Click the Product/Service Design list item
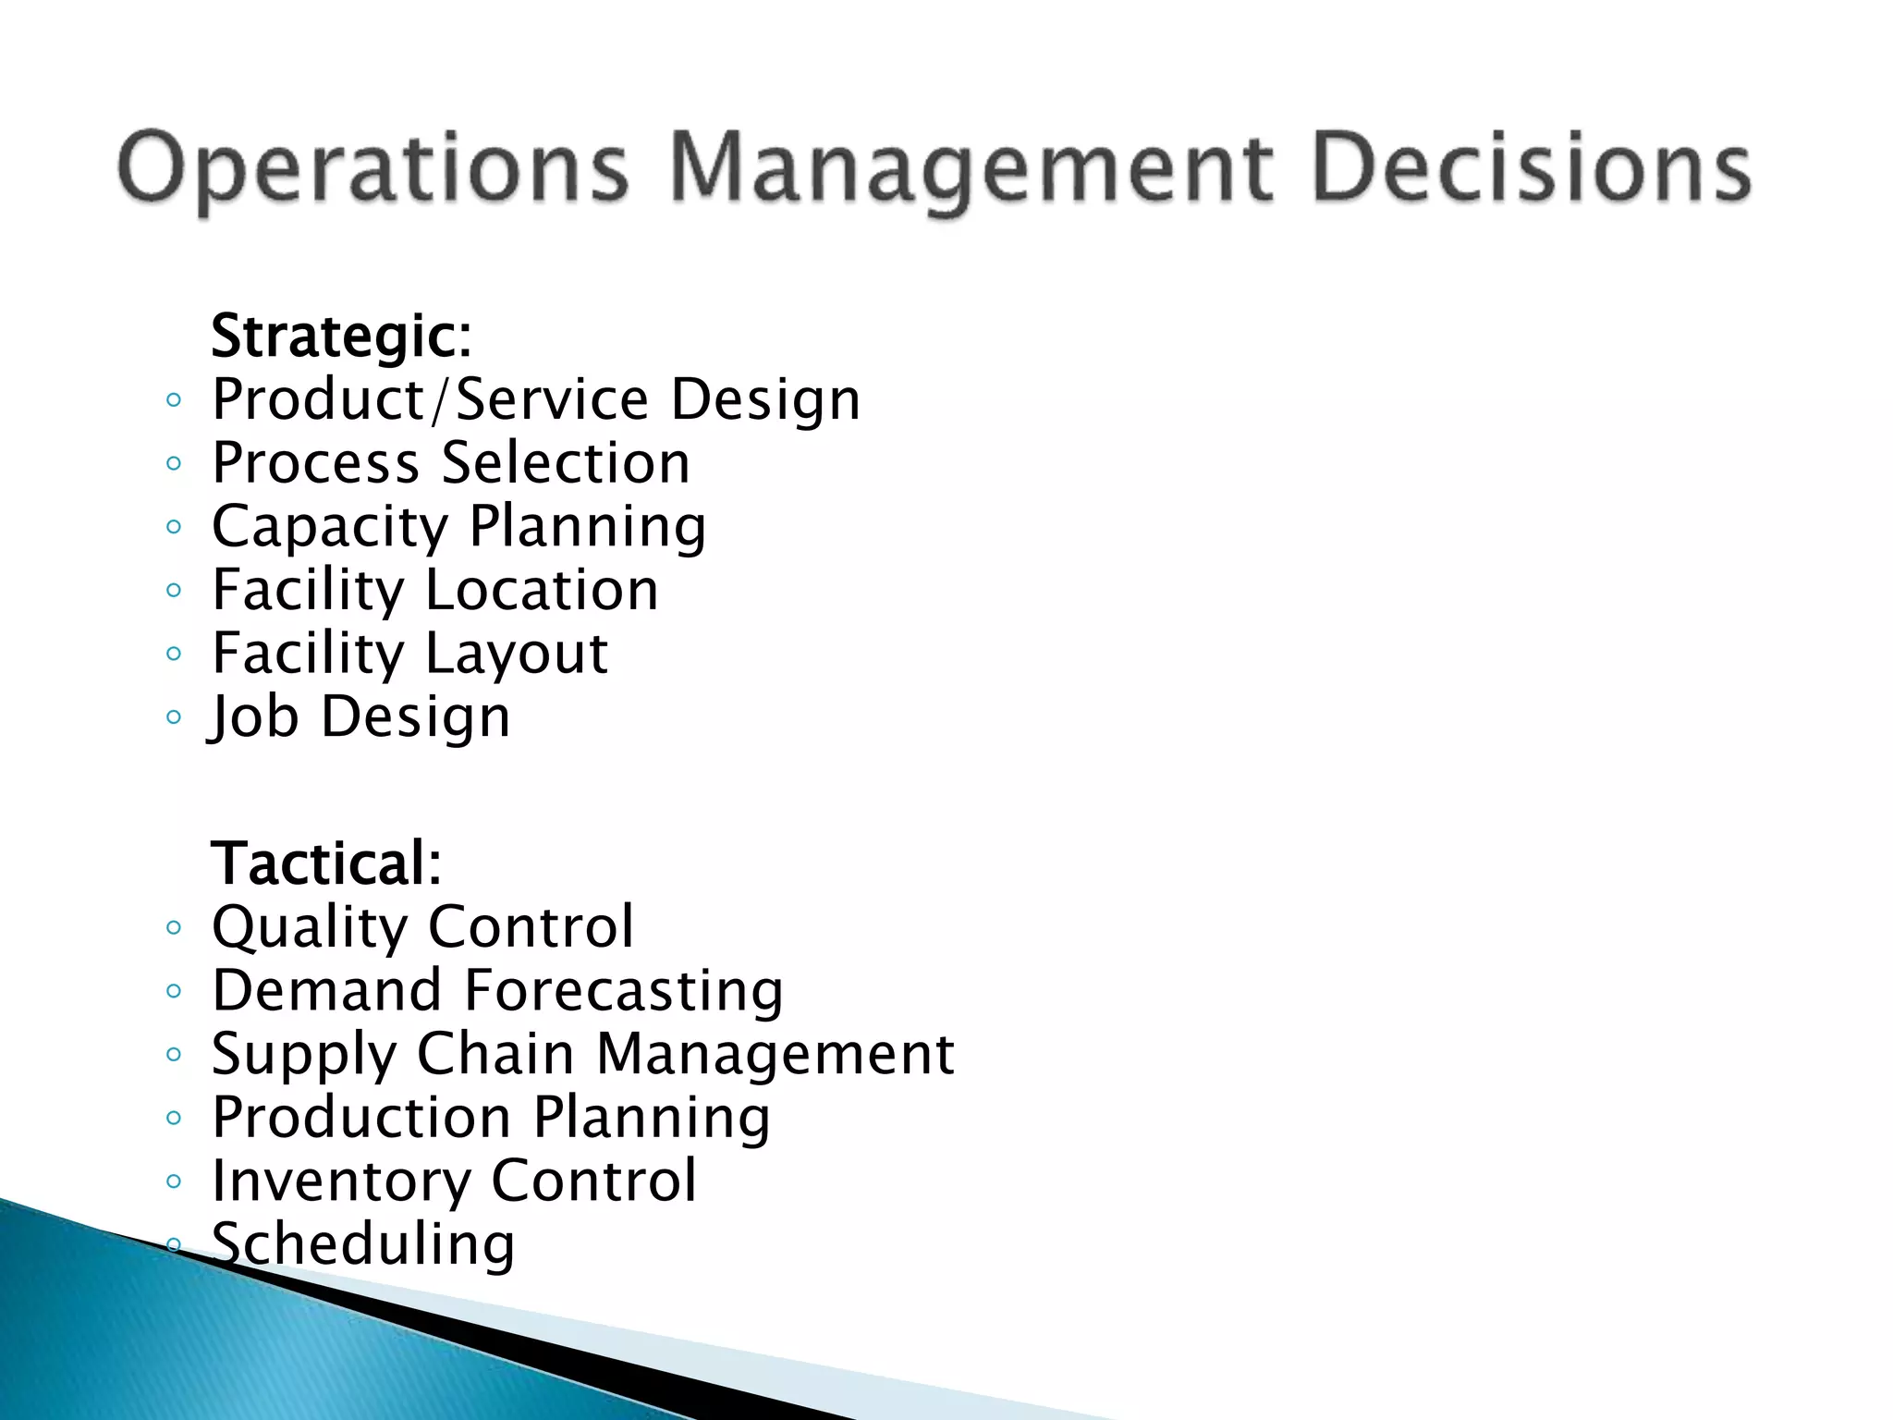pyautogui.click(x=535, y=399)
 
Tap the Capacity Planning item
pyautogui.click(x=458, y=527)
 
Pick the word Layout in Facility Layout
pyautogui.click(x=517, y=654)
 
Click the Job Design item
pyautogui.click(x=360, y=716)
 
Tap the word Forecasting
pyautogui.click(x=624, y=990)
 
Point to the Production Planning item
pyautogui.click(x=491, y=1117)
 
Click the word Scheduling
pyautogui.click(x=363, y=1243)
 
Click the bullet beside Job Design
pyautogui.click(x=173, y=717)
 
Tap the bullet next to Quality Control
pyautogui.click(x=173, y=927)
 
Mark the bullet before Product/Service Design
pyautogui.click(x=173, y=400)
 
